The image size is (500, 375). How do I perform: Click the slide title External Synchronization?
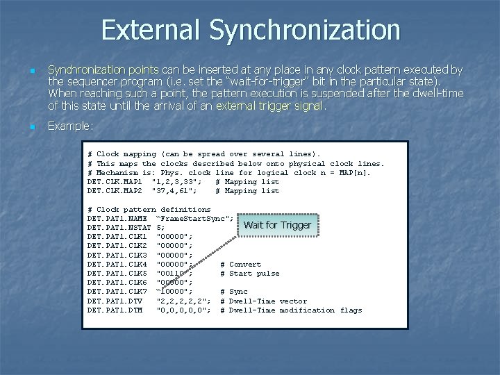pos(250,30)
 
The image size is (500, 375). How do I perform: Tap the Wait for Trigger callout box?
pos(277,225)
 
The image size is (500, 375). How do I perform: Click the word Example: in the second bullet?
pos(70,126)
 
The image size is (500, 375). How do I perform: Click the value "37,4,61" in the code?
pos(174,190)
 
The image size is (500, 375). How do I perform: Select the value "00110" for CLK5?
pos(174,274)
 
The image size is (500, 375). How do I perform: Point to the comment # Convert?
pos(240,265)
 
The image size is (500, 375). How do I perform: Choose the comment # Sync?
pos(233,292)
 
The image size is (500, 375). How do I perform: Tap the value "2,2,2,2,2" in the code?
pos(183,301)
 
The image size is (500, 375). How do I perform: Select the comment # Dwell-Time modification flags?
pos(290,310)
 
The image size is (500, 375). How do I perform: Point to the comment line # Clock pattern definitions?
pos(149,209)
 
